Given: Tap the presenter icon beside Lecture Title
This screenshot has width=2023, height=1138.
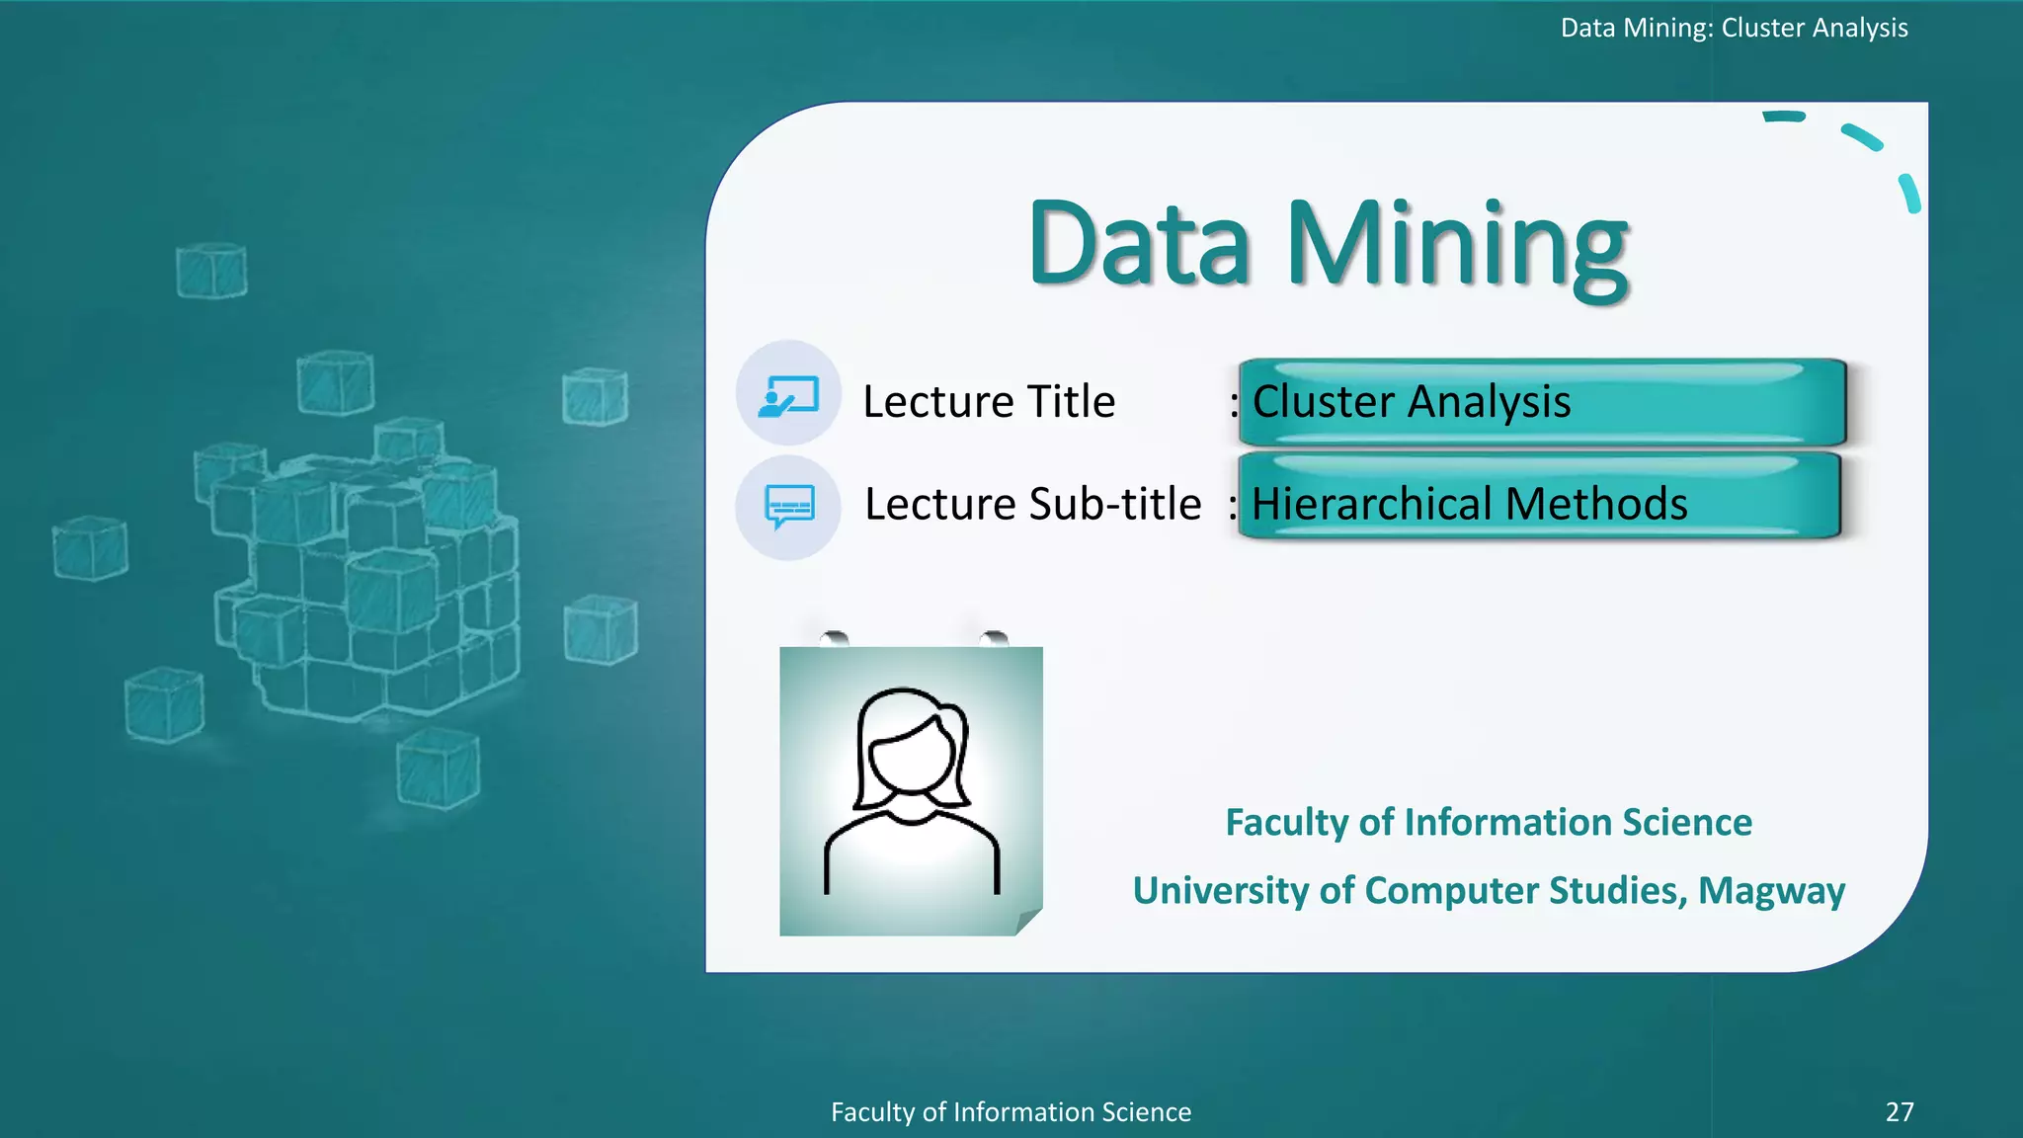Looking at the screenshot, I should (x=788, y=396).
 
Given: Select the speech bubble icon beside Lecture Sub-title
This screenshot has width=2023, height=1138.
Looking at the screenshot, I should (x=789, y=507).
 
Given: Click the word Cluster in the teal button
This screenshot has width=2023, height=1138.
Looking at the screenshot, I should (x=1324, y=402).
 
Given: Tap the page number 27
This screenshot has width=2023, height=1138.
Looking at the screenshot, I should (x=1899, y=1112).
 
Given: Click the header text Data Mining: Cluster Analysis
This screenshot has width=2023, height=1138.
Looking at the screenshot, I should (x=1734, y=28).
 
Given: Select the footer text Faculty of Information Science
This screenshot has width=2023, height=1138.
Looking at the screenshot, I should (x=1011, y=1112).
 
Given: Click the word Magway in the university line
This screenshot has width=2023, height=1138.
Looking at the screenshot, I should (x=1771, y=891).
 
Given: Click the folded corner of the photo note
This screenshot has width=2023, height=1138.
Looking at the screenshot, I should (x=1027, y=923).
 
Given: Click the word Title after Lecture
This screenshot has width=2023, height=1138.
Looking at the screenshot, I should (x=1071, y=402).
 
